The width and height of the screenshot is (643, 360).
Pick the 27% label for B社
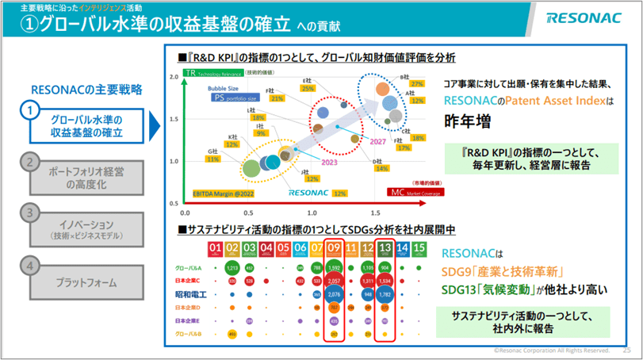click(407, 84)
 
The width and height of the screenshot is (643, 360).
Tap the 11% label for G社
click(212, 159)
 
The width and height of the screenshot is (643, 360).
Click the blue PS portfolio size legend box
click(234, 98)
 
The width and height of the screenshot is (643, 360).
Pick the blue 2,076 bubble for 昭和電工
click(334, 294)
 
